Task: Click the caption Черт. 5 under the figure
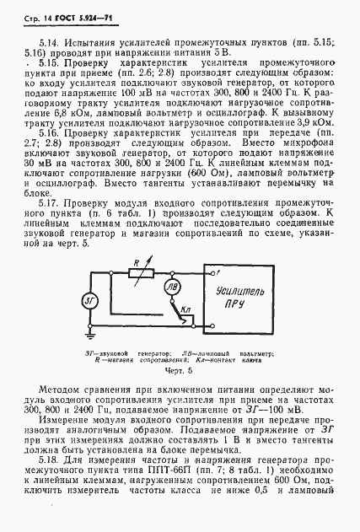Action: coord(179,369)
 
